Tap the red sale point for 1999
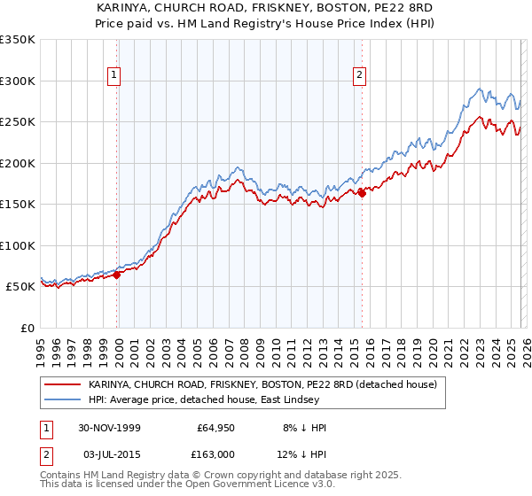tap(117, 275)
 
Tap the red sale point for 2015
tap(362, 194)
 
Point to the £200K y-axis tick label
tap(17, 163)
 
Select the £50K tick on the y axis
tap(20, 287)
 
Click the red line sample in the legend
tap(62, 385)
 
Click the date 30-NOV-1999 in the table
tap(109, 428)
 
